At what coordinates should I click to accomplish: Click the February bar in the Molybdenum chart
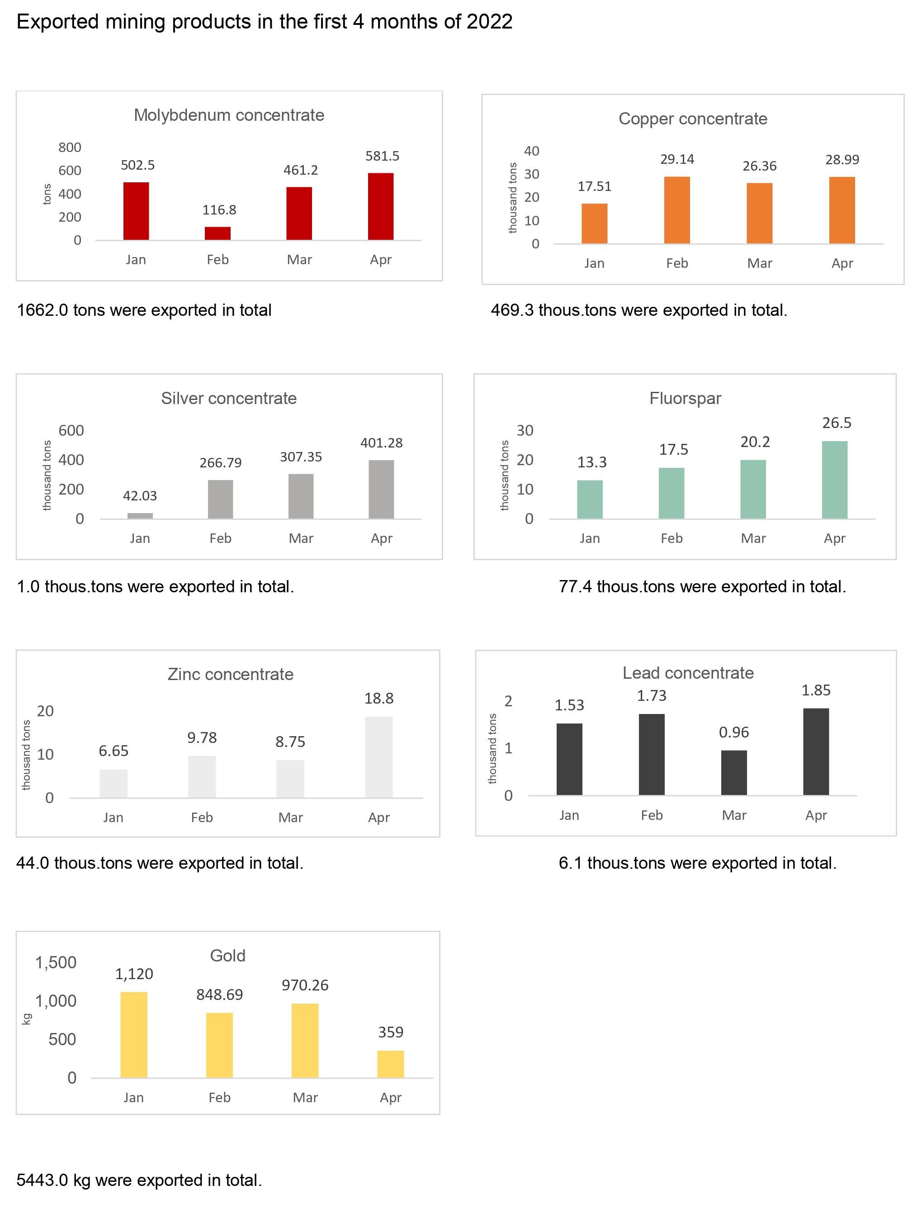[218, 233]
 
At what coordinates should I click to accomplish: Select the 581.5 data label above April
[382, 156]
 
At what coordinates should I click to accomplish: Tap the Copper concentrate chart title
[692, 119]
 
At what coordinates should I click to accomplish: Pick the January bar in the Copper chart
[594, 224]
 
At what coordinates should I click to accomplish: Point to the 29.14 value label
[676, 159]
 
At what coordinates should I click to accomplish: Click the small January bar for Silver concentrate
[140, 515]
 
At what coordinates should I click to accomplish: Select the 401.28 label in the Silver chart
[381, 443]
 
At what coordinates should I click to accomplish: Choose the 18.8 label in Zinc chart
[378, 698]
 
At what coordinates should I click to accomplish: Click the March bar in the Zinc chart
[290, 778]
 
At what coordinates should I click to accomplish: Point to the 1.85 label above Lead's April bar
[815, 690]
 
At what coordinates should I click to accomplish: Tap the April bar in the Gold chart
[390, 1064]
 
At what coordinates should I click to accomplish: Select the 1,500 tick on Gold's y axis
[56, 962]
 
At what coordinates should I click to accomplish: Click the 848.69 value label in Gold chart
[219, 994]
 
